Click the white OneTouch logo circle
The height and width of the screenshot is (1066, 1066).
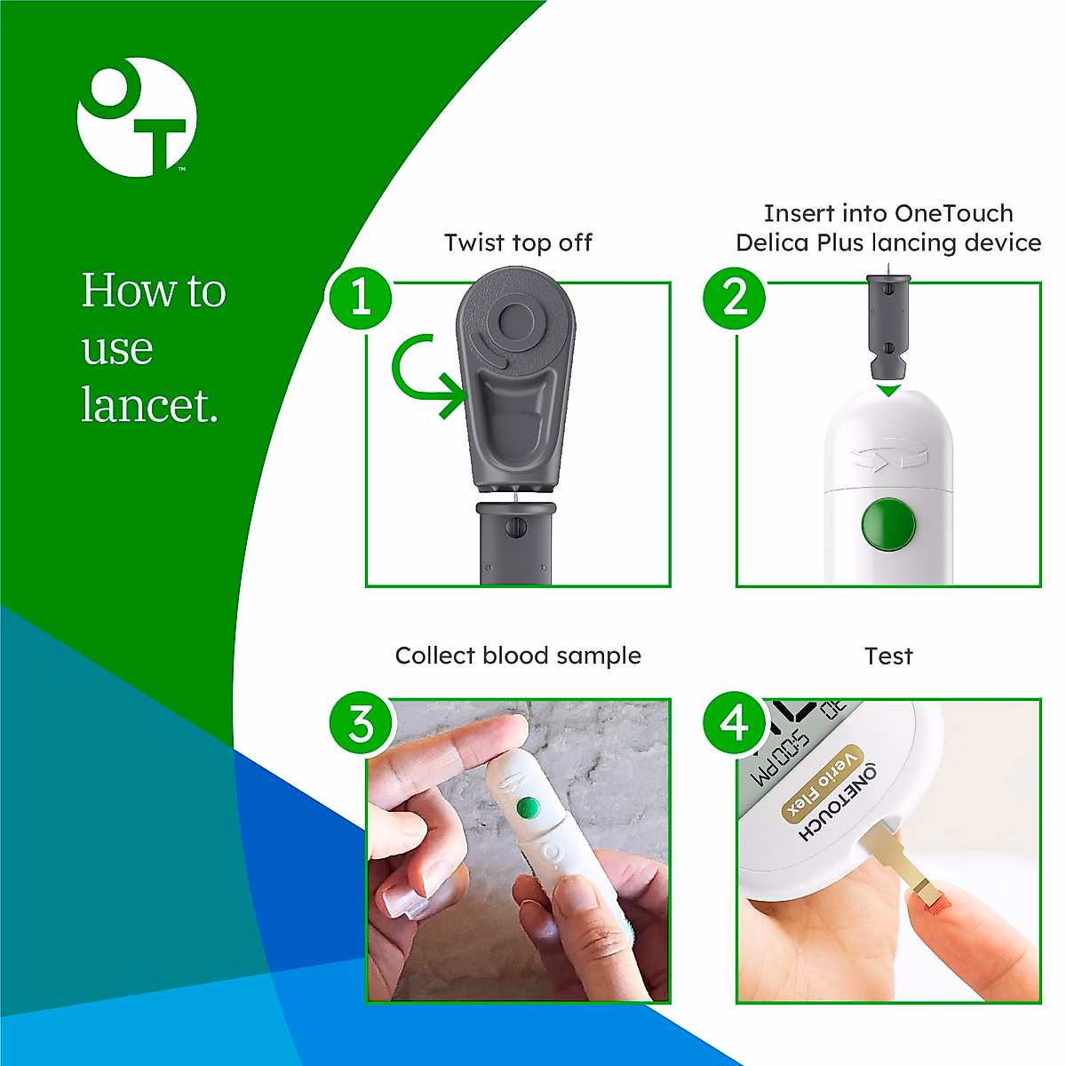[137, 117]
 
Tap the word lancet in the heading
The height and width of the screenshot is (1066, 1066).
[149, 405]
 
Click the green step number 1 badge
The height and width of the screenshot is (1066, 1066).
[360, 298]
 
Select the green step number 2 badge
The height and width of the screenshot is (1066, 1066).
[735, 298]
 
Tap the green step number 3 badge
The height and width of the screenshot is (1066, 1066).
[360, 724]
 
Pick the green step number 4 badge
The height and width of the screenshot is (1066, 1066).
[735, 723]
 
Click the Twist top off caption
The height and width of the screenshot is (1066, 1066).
[518, 243]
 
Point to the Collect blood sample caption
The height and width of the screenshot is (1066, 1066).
[518, 656]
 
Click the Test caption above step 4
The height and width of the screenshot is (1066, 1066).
[888, 656]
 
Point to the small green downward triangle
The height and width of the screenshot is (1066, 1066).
[888, 390]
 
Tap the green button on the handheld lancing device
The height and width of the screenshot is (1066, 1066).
[529, 807]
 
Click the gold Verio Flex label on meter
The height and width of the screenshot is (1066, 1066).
[823, 783]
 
